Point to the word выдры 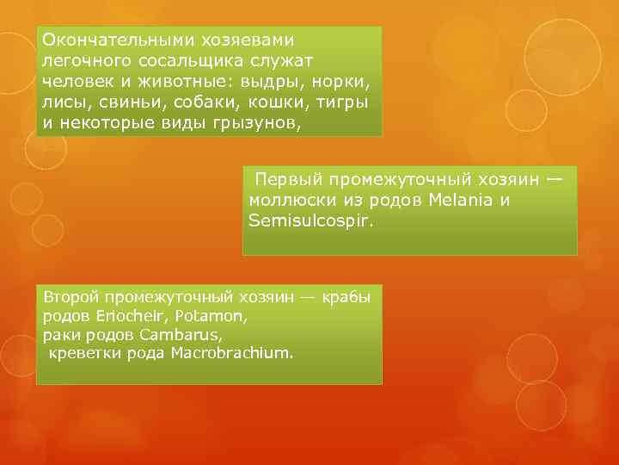[x=259, y=81]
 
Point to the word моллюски [x=288, y=201]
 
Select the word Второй [x=70, y=298]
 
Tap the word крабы [x=347, y=298]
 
